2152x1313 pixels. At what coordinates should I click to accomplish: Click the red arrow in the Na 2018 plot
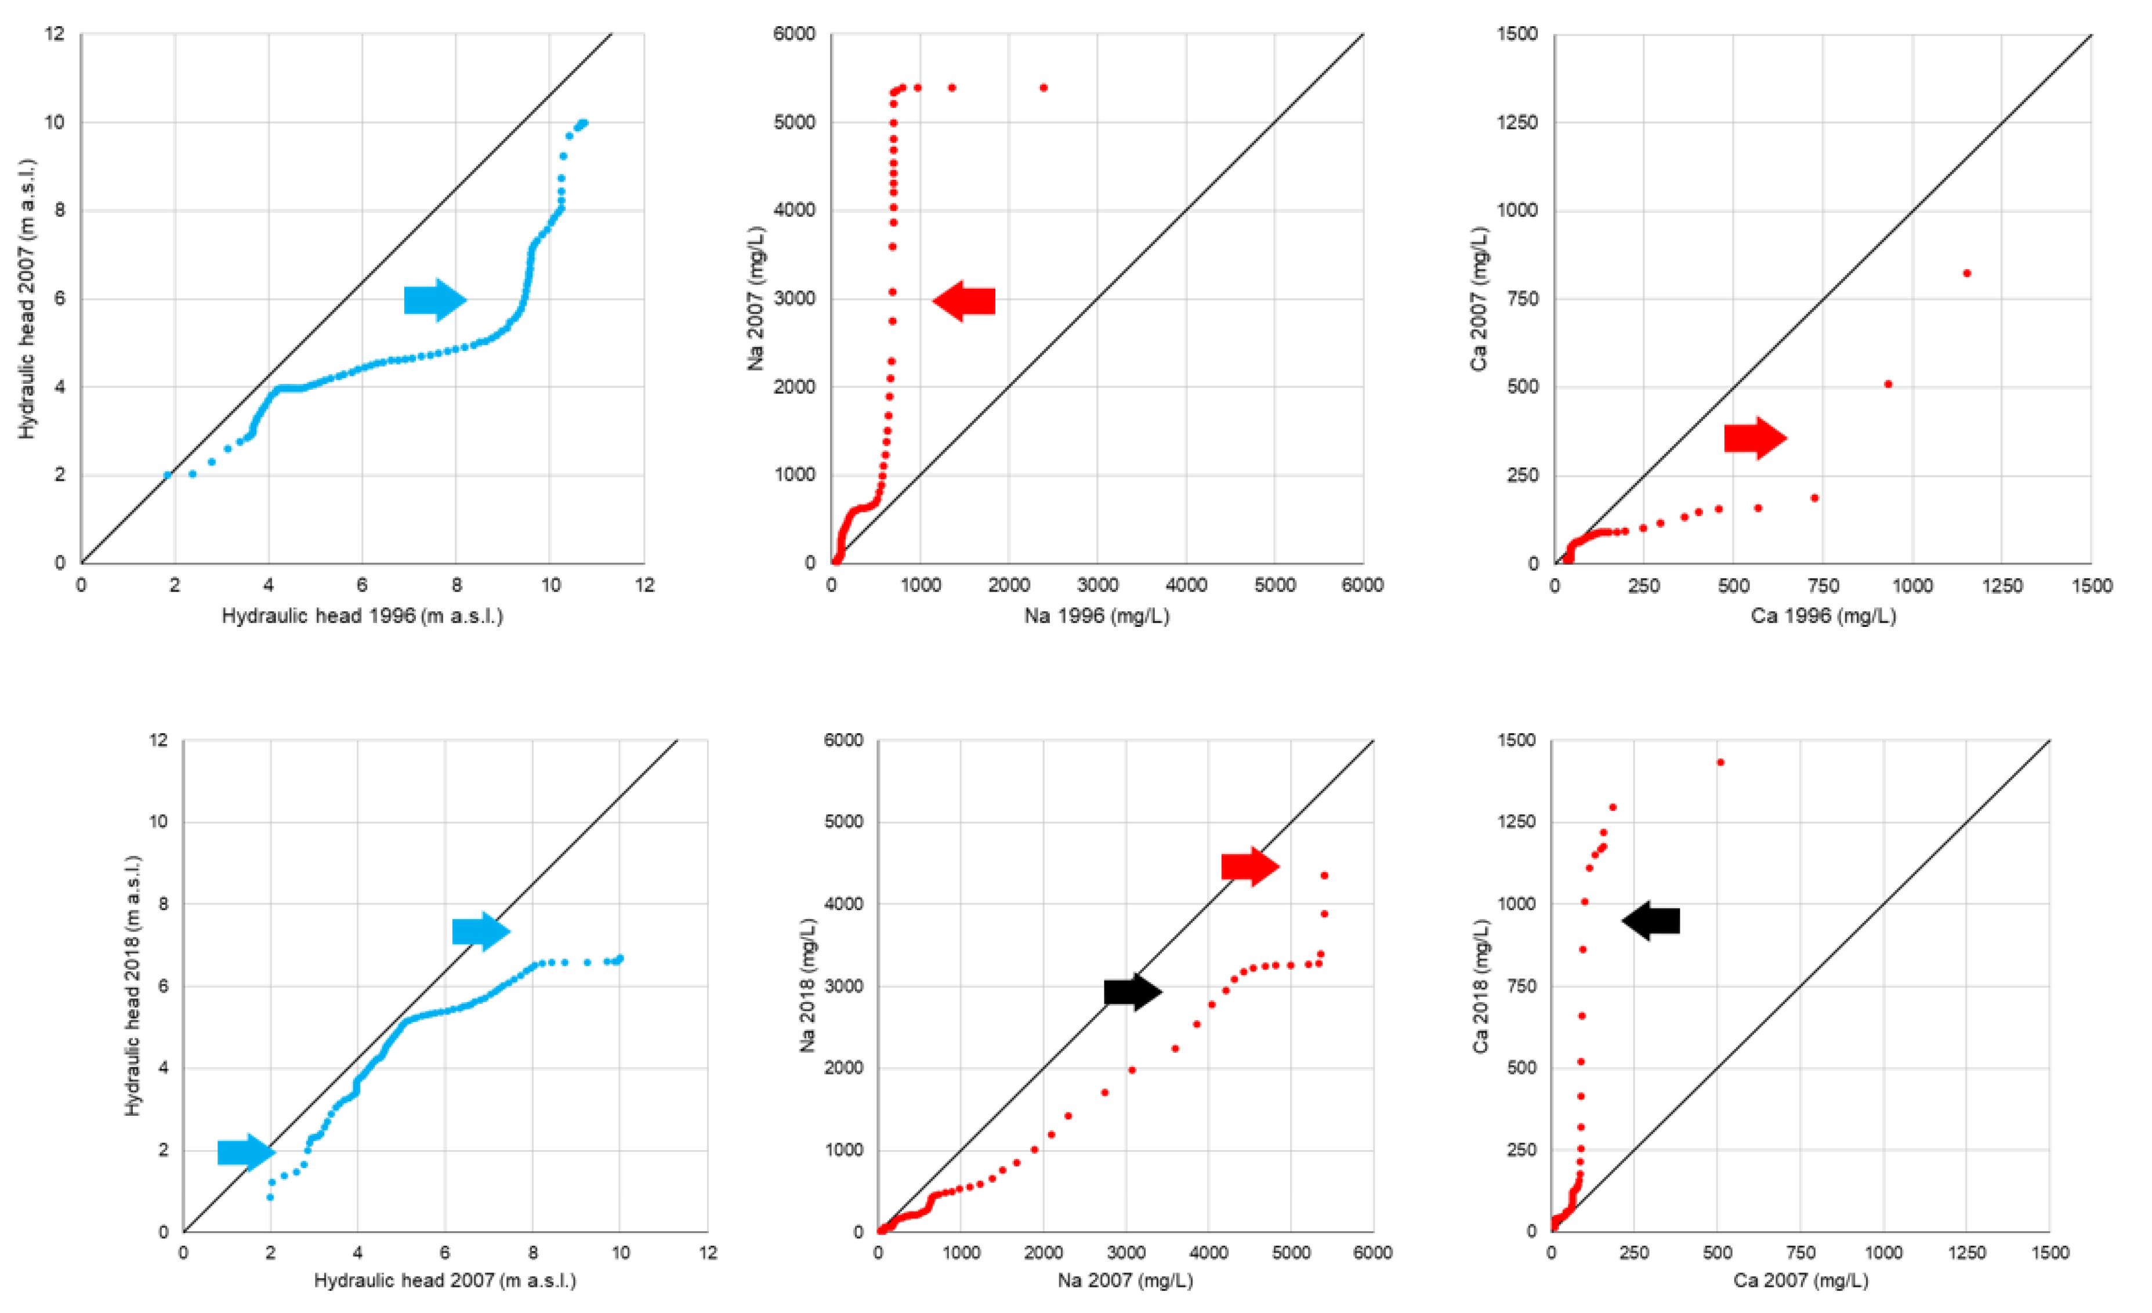1250,866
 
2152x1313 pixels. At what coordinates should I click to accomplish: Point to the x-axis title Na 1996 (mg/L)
1096,615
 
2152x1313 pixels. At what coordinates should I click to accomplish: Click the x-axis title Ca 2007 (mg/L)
1800,1281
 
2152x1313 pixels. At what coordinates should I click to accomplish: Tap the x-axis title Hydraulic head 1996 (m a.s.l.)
363,615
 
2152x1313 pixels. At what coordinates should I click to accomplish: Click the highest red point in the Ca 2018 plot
1720,762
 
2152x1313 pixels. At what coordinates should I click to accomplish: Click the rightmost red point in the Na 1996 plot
1044,88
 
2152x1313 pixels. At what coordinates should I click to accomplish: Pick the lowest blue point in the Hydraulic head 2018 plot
270,1197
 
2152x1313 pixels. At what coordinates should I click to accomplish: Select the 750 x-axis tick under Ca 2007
1800,1253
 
